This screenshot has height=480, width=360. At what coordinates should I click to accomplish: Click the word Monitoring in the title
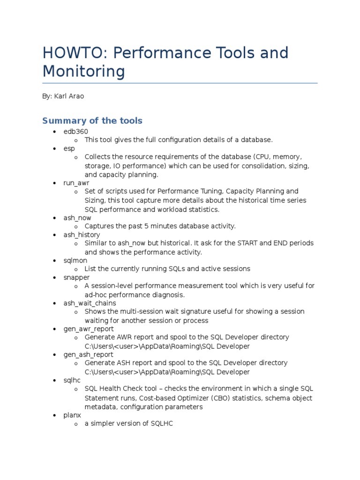[83, 72]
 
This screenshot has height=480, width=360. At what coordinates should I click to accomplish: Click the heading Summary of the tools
[92, 120]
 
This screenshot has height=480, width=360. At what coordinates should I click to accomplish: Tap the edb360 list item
[75, 131]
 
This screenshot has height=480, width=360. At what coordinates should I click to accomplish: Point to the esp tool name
[69, 149]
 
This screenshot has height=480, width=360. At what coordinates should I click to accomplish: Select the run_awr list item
[76, 183]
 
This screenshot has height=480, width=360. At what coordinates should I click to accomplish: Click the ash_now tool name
[77, 217]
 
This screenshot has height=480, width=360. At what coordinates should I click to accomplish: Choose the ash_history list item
[82, 234]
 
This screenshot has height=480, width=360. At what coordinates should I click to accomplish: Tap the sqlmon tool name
[75, 260]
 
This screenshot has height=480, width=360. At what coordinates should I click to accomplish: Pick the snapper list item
[76, 277]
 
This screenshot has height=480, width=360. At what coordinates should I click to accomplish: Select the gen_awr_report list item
[88, 329]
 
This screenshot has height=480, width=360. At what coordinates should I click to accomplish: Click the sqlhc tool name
[72, 381]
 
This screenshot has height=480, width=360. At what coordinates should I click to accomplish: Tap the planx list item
[72, 415]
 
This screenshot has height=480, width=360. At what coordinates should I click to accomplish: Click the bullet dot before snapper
[55, 277]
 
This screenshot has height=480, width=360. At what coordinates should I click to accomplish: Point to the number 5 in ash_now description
[145, 226]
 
